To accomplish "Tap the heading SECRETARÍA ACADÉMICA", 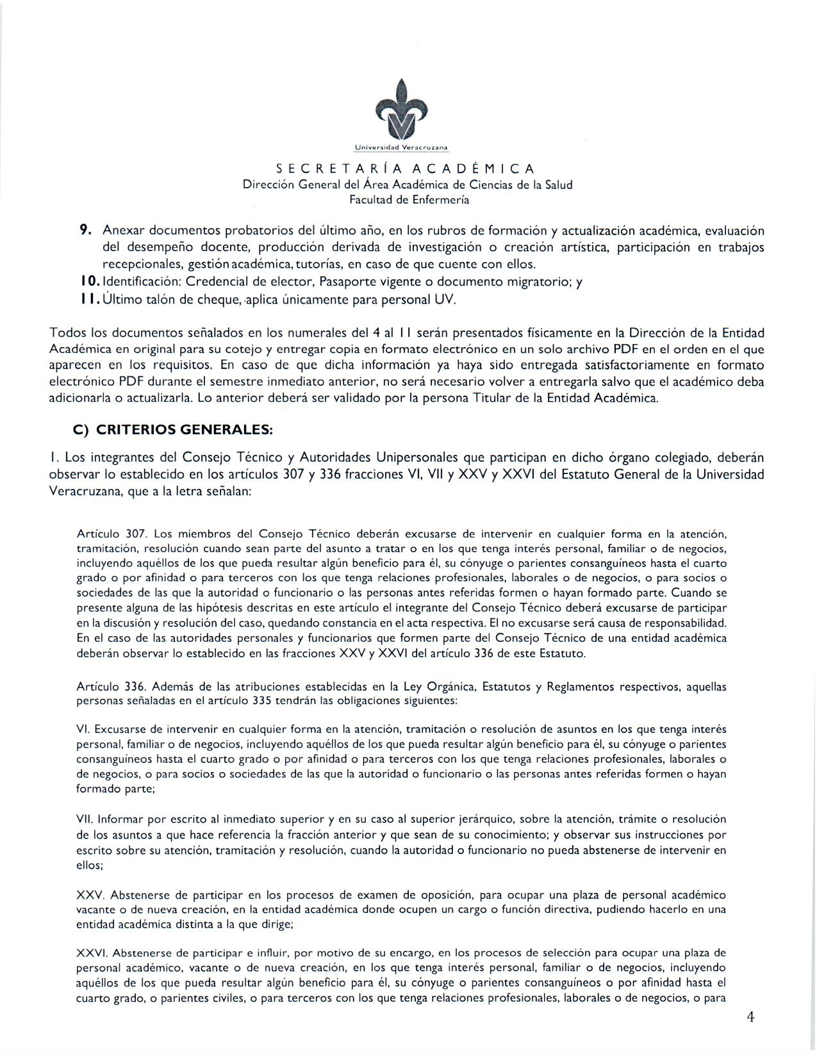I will point(405,169).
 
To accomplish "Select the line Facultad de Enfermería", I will point(409,200).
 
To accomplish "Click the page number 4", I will point(750,1019).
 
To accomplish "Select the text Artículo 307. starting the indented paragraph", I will point(113,534).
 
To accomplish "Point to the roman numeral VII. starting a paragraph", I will point(87,819).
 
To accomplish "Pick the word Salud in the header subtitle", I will point(558,185).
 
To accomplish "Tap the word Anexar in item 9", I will point(125,231).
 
